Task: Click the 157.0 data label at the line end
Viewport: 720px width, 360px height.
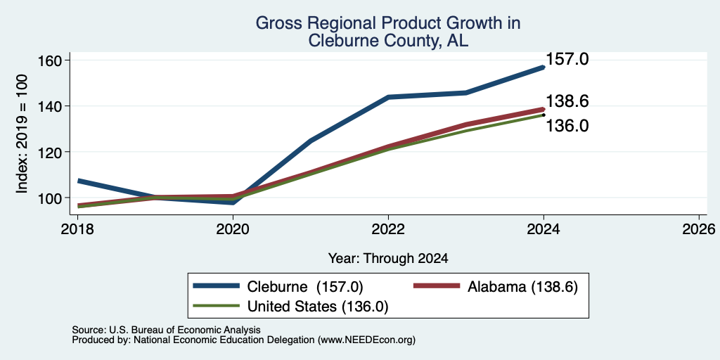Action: [x=567, y=59]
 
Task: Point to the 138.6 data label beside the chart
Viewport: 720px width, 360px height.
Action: [x=567, y=101]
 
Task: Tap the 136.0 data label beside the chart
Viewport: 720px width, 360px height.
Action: [x=567, y=125]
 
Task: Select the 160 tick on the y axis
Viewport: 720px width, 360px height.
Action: [x=53, y=60]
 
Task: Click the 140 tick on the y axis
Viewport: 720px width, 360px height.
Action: [x=53, y=106]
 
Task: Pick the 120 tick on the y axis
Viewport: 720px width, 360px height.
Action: [x=53, y=152]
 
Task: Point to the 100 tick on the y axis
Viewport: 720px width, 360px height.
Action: [x=53, y=198]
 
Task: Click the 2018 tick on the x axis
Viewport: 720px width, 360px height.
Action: [x=77, y=229]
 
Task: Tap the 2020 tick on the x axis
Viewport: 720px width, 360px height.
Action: [x=233, y=229]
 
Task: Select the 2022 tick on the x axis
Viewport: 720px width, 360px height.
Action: [x=388, y=229]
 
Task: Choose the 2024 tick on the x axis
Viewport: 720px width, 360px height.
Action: [x=544, y=229]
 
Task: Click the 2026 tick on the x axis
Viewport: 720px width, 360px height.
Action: [x=699, y=229]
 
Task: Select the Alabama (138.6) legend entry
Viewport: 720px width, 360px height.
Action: [x=496, y=287]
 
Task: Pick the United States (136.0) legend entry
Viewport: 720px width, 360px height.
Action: [x=290, y=307]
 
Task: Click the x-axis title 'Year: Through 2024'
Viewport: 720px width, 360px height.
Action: [x=388, y=259]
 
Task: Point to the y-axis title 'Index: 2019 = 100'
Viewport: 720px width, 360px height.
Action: [x=22, y=134]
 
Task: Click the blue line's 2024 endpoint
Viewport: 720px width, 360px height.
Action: [x=544, y=67]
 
